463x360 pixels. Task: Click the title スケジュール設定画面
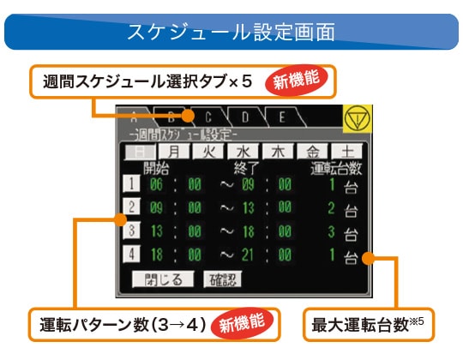[231, 32]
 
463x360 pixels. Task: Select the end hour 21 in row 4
[248, 255]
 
